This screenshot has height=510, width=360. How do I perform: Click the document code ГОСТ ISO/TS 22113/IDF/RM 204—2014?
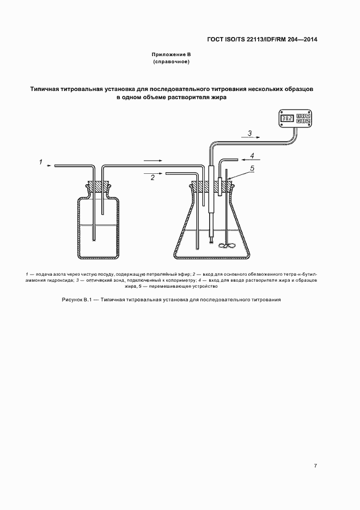[x=263, y=40]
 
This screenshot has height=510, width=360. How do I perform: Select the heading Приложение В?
[x=171, y=55]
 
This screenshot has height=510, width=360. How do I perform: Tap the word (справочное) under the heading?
[x=171, y=62]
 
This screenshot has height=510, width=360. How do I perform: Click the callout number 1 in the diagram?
[x=40, y=161]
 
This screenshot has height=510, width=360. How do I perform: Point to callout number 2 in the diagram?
[x=153, y=178]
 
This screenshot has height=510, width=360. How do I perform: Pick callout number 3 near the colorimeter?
[x=249, y=132]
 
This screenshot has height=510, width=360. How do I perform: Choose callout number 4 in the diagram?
[x=252, y=156]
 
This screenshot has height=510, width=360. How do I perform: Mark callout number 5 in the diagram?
[x=252, y=169]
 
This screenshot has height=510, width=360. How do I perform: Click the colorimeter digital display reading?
[x=288, y=118]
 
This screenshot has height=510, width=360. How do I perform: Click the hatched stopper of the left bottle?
[x=99, y=186]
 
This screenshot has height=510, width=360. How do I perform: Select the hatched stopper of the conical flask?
[x=212, y=186]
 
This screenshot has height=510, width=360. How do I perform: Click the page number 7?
[x=315, y=466]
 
